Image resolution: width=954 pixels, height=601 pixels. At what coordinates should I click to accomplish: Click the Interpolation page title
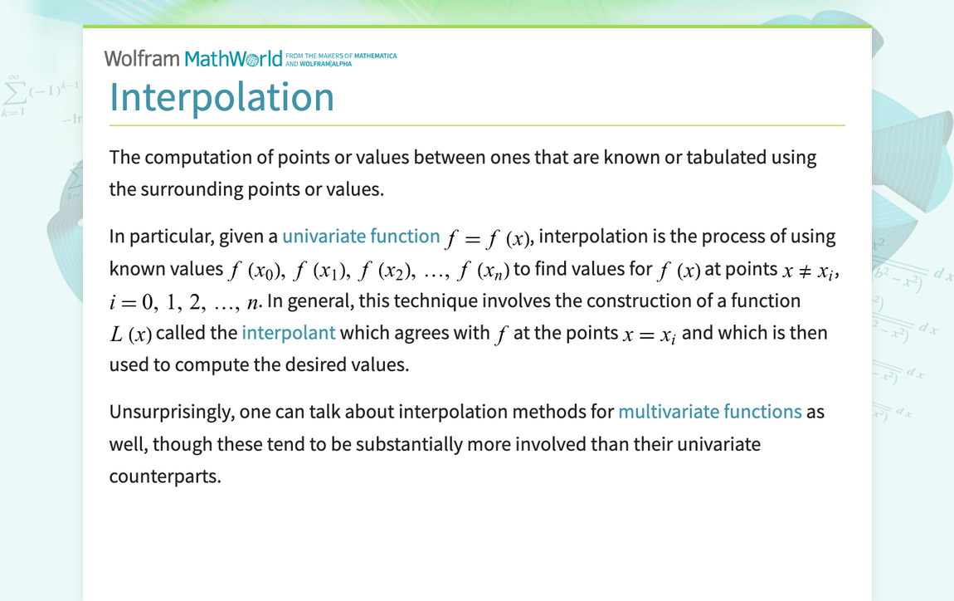point(221,97)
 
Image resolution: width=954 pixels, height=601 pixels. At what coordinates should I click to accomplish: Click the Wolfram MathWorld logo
point(192,58)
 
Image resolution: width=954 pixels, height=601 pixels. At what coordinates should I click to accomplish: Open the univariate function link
point(361,237)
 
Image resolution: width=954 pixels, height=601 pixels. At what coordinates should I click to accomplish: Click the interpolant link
point(289,333)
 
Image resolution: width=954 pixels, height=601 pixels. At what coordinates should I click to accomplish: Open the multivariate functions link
point(709,412)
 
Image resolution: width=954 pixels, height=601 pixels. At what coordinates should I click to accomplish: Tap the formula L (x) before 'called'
point(131,335)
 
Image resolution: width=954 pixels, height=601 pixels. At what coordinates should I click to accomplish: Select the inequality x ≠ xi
point(810,271)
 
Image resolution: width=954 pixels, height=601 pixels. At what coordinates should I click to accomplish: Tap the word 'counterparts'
point(165,476)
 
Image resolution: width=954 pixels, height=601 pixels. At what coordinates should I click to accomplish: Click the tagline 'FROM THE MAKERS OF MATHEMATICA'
point(346,56)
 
